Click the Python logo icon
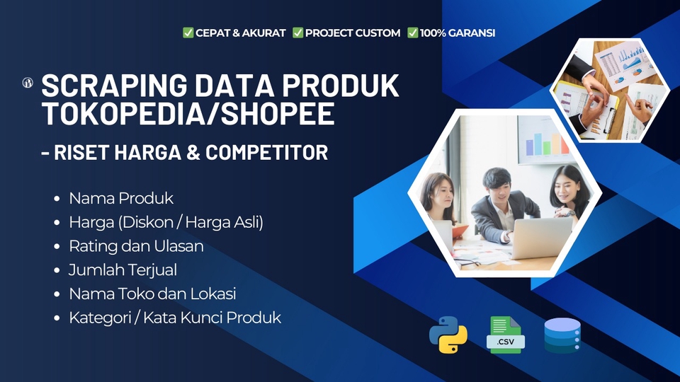click(x=448, y=335)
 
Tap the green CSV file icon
click(x=505, y=335)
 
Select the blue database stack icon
click(x=562, y=335)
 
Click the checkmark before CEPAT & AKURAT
click(x=188, y=33)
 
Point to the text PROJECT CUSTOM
click(x=352, y=33)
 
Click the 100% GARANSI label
click(x=457, y=33)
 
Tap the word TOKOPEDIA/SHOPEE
click(x=188, y=115)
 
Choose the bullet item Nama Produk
click(x=120, y=198)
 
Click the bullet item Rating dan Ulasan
click(x=136, y=246)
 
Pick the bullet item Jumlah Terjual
click(x=123, y=270)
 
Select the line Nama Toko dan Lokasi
click(x=152, y=294)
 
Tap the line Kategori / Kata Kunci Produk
click(x=174, y=318)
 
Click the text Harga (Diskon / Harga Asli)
click(x=166, y=222)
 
